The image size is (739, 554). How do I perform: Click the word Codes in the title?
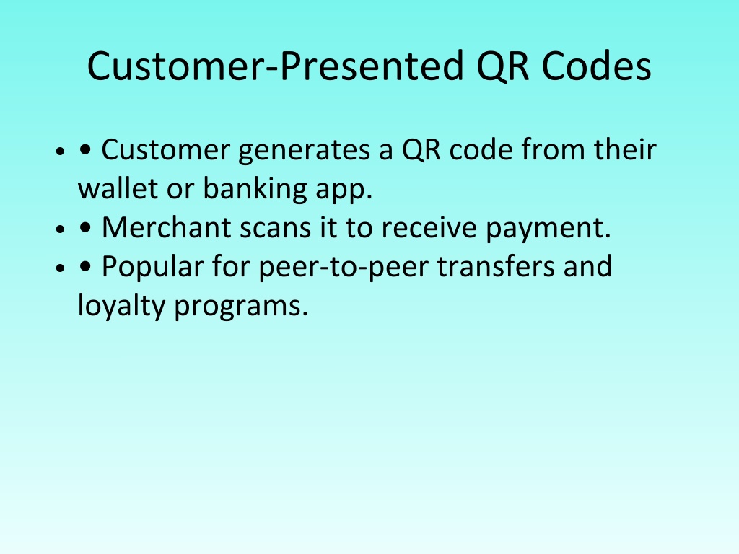596,66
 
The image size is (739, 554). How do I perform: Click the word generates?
304,151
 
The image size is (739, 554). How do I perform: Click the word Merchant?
167,227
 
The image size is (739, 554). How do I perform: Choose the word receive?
429,228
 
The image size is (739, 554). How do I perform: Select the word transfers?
496,266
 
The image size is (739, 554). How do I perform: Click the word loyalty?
121,306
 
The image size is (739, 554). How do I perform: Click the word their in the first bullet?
625,149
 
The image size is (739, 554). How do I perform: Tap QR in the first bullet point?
421,151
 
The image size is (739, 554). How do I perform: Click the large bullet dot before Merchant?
85,228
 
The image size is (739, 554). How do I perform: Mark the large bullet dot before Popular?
85,267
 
